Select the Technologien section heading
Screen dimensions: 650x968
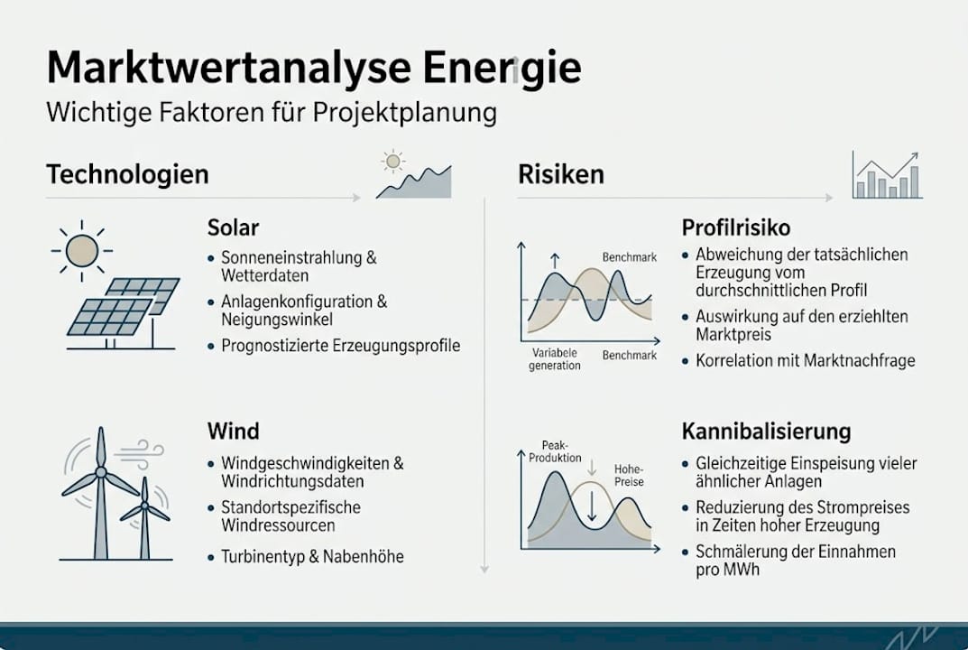coord(127,173)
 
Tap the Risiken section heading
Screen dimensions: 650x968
coord(560,173)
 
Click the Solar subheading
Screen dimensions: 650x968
coord(233,226)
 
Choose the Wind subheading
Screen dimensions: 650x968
coord(233,431)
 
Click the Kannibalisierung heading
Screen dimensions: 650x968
coord(766,431)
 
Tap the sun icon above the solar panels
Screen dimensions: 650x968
coord(82,250)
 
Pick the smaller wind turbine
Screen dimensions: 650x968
coord(144,516)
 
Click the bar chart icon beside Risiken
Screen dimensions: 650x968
coord(887,175)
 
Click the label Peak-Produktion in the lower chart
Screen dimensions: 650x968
coord(562,451)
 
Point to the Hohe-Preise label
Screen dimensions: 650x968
coord(629,475)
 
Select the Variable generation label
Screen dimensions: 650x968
coord(554,359)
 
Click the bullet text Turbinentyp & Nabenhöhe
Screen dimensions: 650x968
coord(312,556)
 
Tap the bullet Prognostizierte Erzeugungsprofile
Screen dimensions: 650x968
coord(340,345)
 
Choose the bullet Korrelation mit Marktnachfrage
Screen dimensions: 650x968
coord(805,360)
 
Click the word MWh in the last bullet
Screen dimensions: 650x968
coord(741,570)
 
